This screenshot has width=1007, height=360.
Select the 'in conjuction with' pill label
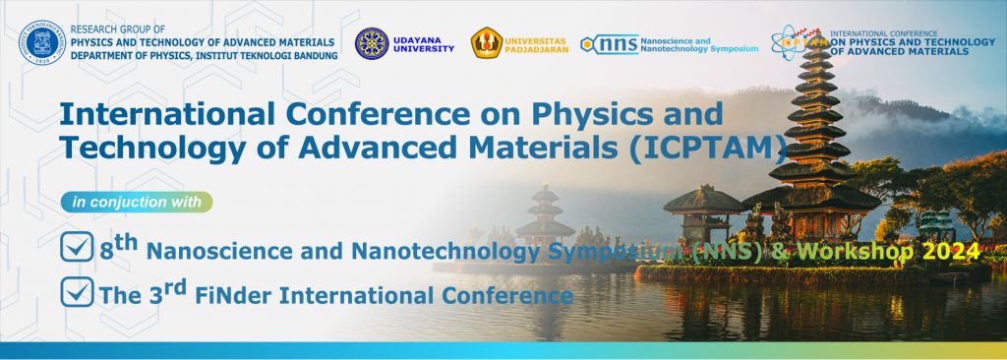coord(136,203)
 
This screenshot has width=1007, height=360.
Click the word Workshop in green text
coord(859,253)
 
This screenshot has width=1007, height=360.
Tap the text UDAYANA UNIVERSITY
coord(426,43)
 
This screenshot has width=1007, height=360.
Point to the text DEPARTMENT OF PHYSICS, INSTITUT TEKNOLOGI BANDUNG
coord(206,56)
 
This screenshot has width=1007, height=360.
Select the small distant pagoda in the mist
coord(545,212)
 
